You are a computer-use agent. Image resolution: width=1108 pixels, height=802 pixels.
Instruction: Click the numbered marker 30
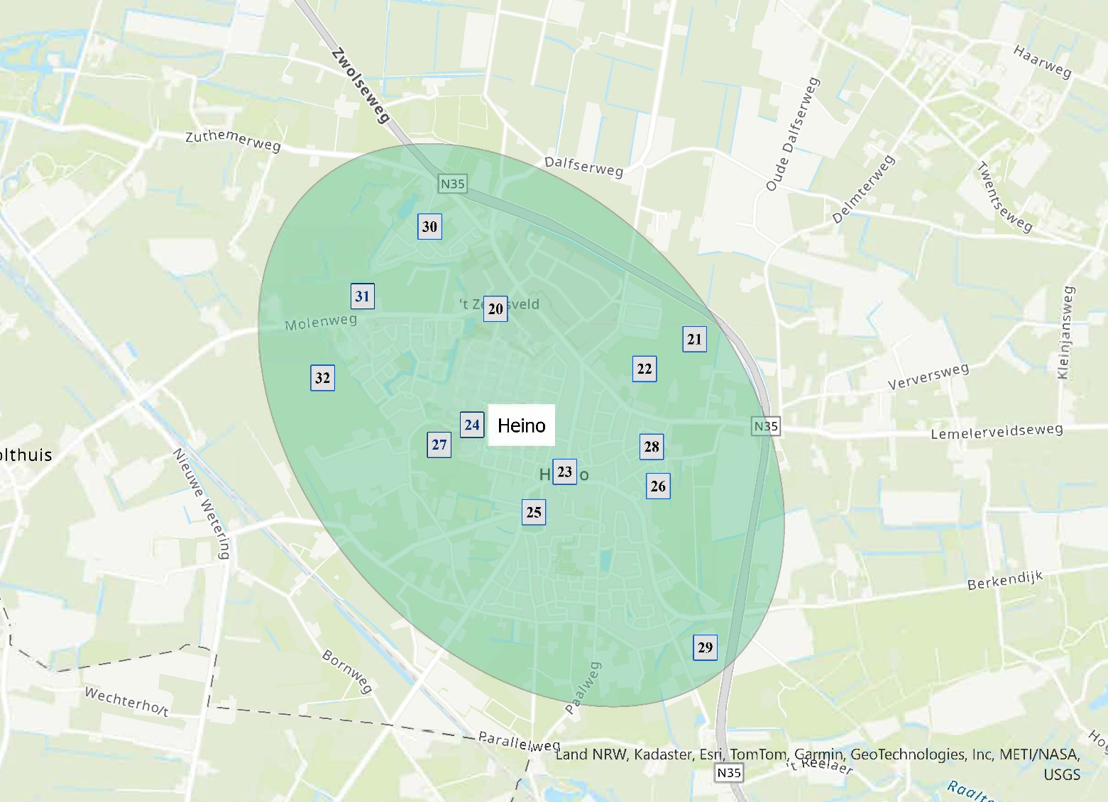[429, 227]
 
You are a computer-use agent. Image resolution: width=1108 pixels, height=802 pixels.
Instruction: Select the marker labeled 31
[363, 296]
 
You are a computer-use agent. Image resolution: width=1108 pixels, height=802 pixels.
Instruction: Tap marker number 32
[322, 377]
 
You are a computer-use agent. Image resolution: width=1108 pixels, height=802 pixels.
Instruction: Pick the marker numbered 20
[495, 308]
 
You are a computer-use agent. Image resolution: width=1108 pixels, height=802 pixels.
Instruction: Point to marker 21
[694, 339]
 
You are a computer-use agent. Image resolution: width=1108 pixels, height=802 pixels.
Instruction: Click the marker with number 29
[705, 647]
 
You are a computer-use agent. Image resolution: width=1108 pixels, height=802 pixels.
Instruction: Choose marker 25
[534, 512]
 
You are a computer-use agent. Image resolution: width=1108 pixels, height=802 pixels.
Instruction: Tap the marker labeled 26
[658, 486]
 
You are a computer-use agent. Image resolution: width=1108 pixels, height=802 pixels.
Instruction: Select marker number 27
[439, 445]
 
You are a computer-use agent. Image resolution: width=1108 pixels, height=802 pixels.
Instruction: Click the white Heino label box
[521, 425]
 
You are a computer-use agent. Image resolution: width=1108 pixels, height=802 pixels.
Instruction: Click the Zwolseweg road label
[361, 85]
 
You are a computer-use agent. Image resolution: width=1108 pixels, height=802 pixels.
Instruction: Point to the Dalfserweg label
[583, 167]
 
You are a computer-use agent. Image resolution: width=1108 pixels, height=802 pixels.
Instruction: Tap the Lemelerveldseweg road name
[997, 430]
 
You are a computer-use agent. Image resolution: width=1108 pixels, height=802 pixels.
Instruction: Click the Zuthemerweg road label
[233, 140]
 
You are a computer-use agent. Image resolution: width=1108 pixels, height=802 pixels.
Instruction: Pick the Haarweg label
[1042, 61]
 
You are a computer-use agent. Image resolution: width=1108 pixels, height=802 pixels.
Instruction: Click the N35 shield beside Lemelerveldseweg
[766, 426]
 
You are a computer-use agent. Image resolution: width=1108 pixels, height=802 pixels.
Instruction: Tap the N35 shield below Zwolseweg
[452, 184]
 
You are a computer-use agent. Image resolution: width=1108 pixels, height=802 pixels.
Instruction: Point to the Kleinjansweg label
[1066, 332]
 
